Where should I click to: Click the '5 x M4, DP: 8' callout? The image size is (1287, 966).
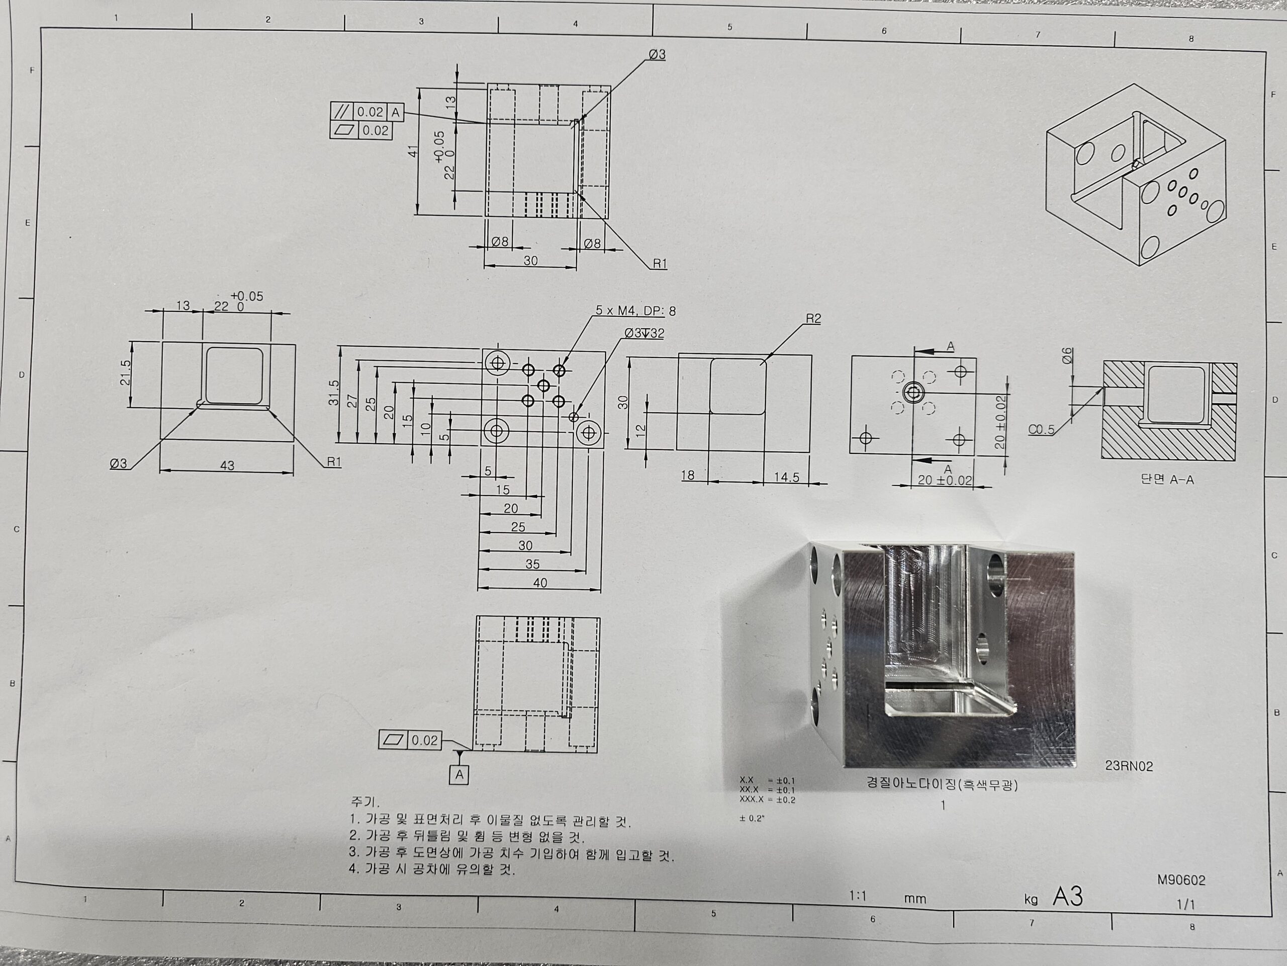635,311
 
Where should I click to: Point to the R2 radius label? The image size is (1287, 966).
813,318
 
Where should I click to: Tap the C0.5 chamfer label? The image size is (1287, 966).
1041,430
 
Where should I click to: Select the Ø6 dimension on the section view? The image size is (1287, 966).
1067,356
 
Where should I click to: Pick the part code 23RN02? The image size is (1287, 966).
1129,766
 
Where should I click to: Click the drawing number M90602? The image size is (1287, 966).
1181,880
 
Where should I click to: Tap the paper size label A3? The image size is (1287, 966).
1068,897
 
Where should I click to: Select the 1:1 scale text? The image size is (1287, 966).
858,896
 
